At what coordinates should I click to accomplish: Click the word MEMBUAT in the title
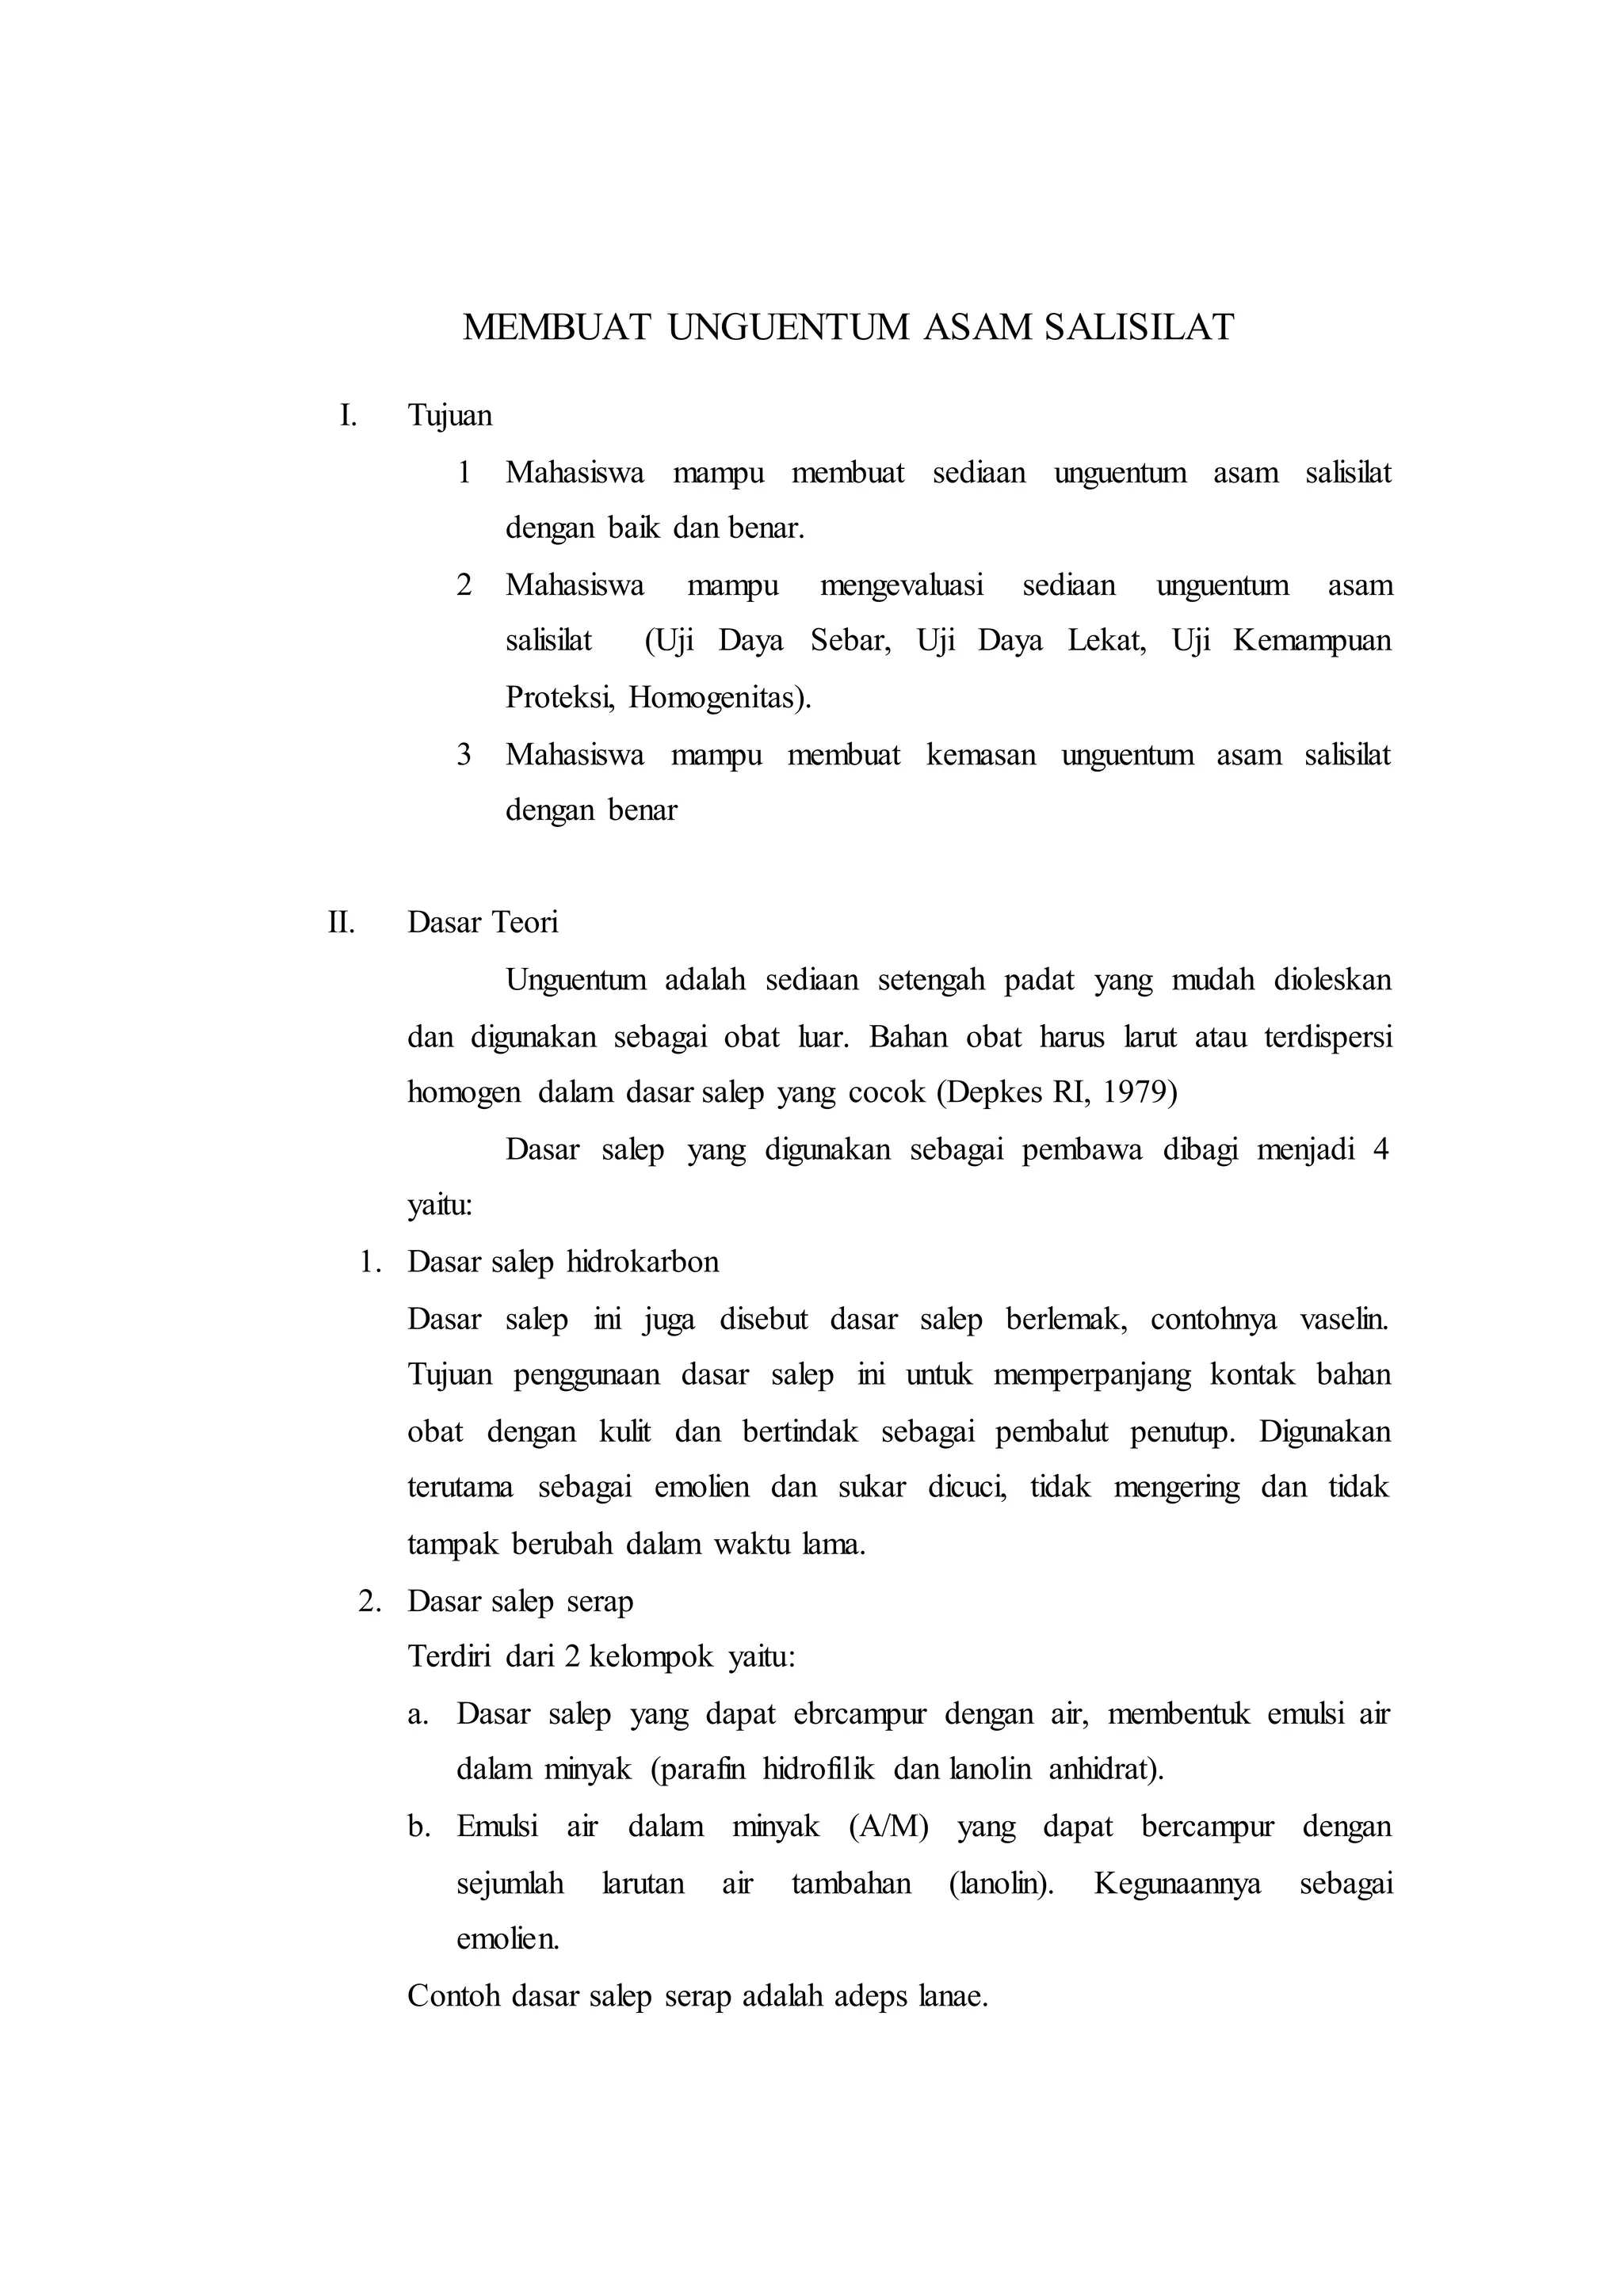[x=556, y=328]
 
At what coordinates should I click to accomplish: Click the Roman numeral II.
[x=342, y=922]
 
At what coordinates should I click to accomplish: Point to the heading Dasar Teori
[x=483, y=922]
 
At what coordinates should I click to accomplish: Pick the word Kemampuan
[x=1312, y=641]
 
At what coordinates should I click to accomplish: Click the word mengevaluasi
[x=901, y=585]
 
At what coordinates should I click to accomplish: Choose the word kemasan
[x=980, y=754]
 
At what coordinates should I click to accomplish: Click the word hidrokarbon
[x=643, y=1262]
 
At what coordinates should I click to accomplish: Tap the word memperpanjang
[x=1091, y=1376]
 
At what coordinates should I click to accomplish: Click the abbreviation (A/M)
[x=888, y=1827]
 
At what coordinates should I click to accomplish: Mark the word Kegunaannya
[x=1178, y=1884]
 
